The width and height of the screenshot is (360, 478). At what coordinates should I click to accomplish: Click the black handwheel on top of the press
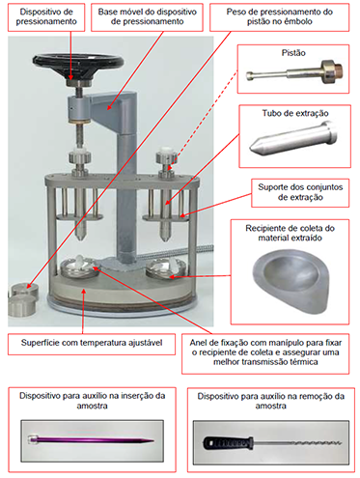point(78,62)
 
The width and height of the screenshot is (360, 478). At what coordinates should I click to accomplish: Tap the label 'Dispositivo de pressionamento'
point(46,16)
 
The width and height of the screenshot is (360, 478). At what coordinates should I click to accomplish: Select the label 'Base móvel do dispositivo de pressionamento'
point(148,16)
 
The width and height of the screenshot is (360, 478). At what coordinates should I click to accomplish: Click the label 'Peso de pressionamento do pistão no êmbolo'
point(280,16)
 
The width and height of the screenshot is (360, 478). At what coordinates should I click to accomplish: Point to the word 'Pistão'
point(293,53)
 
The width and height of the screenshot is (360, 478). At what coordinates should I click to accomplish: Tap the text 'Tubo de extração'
point(295,113)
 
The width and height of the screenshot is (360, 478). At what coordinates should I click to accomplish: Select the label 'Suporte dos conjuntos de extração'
point(300,192)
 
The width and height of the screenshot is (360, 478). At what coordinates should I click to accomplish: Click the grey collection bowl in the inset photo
point(291,282)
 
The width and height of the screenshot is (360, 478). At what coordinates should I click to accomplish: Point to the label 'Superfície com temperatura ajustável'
point(92,343)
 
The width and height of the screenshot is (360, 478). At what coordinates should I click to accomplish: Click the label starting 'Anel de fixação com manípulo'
point(265,352)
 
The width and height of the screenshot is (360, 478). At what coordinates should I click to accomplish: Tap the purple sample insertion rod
point(92,439)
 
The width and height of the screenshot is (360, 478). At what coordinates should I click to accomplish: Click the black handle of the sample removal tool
point(228,443)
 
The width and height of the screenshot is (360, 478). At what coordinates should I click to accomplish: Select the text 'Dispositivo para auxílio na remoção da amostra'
point(271,401)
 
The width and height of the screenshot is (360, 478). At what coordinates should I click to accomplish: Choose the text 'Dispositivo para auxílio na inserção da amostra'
point(92,401)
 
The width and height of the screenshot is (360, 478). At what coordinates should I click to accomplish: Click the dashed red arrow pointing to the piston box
point(206,118)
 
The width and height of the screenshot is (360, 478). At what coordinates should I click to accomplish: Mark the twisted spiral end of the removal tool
point(310,443)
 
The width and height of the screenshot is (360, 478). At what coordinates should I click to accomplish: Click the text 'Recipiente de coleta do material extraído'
point(290,233)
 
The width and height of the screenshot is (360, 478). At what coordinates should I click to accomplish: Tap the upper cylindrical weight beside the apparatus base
point(25,291)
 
